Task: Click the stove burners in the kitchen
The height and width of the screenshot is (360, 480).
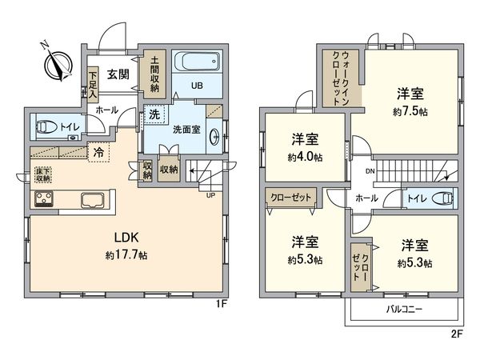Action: pos(42,198)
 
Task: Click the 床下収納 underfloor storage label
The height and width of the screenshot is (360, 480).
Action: pos(42,174)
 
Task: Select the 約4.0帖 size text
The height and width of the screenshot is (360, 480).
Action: pos(306,156)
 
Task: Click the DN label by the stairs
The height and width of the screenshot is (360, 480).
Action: pos(370,170)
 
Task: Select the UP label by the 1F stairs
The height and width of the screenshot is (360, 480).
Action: pos(210,194)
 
